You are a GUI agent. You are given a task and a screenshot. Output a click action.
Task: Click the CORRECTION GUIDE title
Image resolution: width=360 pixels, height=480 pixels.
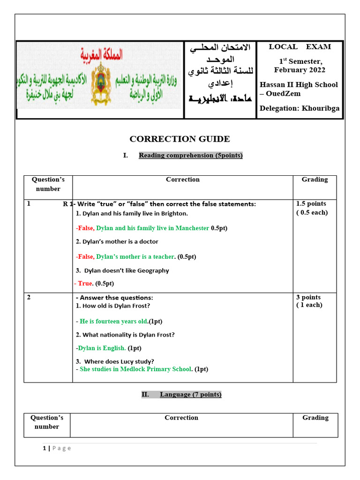coord(180,139)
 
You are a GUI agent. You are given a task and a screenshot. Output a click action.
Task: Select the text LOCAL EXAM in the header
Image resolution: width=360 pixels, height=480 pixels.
coord(300,47)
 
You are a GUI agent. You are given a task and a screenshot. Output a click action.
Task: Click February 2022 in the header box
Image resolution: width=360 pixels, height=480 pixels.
coord(300,70)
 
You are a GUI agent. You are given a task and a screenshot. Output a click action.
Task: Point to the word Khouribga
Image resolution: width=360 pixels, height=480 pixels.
coord(321,109)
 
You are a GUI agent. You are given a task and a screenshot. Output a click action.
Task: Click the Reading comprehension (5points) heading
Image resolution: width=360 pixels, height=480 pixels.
coord(190,156)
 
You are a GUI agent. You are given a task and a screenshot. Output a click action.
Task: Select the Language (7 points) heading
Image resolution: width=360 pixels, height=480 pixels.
coord(190,395)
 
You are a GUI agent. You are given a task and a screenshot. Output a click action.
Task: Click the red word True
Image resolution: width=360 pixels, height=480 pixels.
coord(85,284)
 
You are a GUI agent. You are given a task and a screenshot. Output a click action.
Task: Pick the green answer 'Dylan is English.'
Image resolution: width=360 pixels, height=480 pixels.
coord(102,348)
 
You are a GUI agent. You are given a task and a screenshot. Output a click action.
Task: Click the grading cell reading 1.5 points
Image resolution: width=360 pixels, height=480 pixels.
coord(311,204)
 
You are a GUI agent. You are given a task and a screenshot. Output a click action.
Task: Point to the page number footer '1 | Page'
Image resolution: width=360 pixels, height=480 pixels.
coord(57,449)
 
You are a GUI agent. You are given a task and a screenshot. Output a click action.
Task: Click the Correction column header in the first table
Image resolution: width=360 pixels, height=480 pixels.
coord(182,180)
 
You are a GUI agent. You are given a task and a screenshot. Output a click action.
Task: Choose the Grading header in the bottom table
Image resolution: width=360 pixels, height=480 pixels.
coord(315,418)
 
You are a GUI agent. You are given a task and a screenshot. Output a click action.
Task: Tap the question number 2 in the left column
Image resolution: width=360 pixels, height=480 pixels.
coord(29,298)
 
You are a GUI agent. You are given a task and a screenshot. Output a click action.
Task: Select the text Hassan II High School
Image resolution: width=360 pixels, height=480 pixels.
coord(299,85)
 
